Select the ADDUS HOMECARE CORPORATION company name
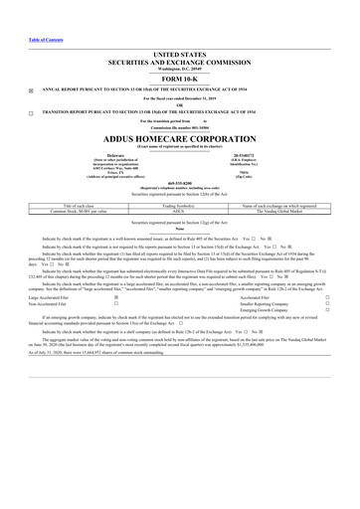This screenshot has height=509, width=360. [x=180, y=137]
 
